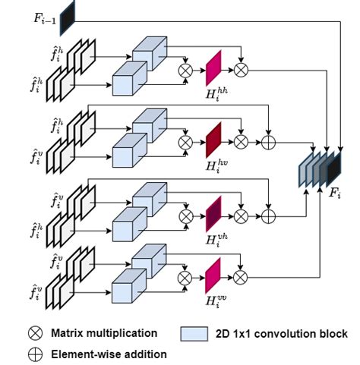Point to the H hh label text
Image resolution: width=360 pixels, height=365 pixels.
pyautogui.click(x=218, y=93)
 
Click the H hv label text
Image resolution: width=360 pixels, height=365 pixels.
pyautogui.click(x=218, y=165)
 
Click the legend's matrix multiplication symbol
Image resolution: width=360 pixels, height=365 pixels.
pyautogui.click(x=35, y=333)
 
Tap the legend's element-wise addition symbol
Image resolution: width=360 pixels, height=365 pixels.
pyautogui.click(x=35, y=353)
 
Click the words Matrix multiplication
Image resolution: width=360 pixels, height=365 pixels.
pyautogui.click(x=103, y=333)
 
